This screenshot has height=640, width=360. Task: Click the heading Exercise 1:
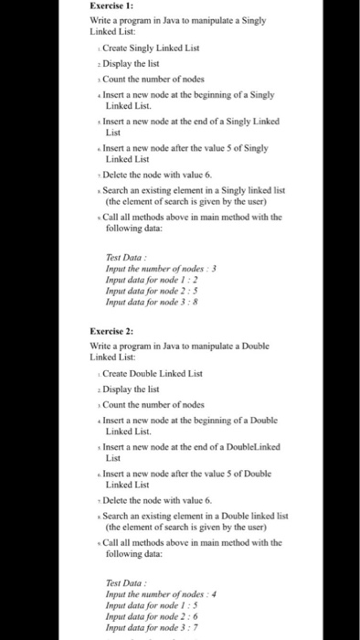114,7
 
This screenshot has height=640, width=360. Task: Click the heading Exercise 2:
114,332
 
